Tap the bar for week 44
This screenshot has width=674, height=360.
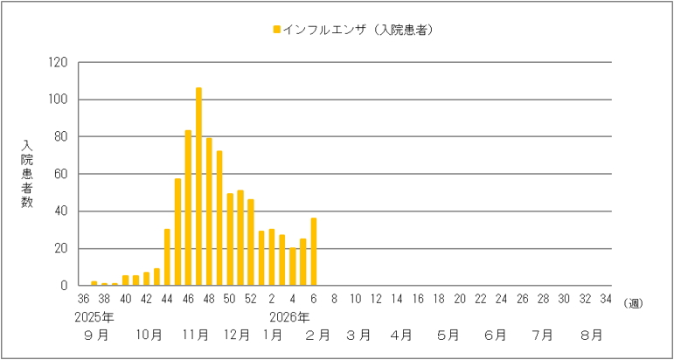tap(167, 257)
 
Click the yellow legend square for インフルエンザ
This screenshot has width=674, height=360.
tap(277, 30)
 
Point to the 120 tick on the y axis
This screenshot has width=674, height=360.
tap(59, 62)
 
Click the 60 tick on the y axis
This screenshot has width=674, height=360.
tap(61, 174)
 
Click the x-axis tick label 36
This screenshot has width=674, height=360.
tap(83, 300)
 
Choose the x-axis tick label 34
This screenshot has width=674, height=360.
tap(605, 300)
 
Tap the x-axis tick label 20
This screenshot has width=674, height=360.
tap(459, 300)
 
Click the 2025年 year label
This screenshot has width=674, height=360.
tap(94, 315)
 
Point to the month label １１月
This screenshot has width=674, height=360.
tap(196, 335)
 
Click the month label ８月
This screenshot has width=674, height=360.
tap(592, 335)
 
